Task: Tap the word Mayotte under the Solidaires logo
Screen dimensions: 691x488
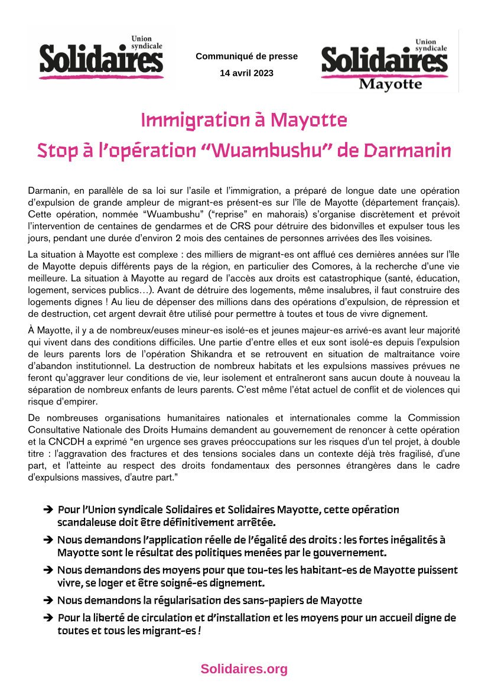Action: [391, 84]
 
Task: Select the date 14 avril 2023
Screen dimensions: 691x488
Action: [246, 73]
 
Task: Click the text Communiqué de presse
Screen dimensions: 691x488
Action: [246, 57]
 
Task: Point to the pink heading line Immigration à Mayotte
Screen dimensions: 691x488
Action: [243, 121]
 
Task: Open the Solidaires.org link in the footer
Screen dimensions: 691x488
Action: [243, 669]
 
